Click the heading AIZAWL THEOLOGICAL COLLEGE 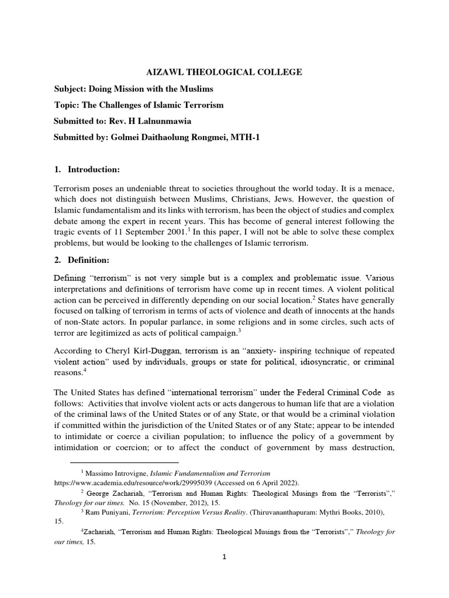click(224, 72)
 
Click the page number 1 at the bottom click(224, 557)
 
